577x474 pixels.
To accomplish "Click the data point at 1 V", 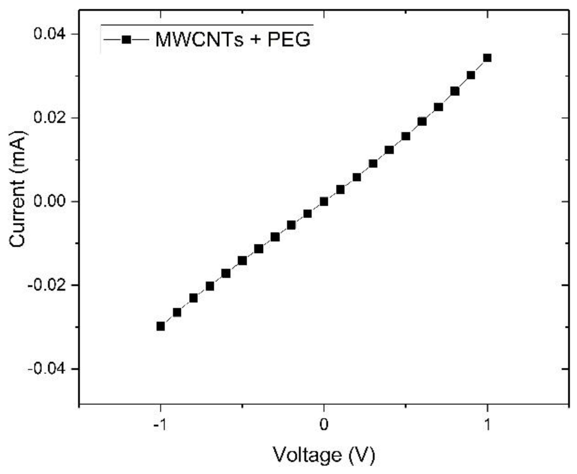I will coord(487,58).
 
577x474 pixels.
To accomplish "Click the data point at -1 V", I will coord(161,326).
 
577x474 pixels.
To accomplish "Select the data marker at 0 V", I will coord(324,201).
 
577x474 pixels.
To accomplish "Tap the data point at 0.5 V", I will coord(406,136).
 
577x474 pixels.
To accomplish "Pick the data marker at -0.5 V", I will coord(242,261).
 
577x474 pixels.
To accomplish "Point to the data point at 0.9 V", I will coord(471,75).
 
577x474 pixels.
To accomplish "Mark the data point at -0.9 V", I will coord(177,313).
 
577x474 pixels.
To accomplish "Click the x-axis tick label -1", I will coord(160,425).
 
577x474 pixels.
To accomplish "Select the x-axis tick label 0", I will coord(324,425).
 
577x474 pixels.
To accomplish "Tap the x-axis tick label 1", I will coord(487,425).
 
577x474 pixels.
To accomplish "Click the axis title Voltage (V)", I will coord(324,455).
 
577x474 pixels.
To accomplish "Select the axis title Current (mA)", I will coord(17,189).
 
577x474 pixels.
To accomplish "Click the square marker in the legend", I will coord(126,40).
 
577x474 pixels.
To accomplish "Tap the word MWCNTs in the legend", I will coord(199,40).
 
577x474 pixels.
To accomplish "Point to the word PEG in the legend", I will coord(289,40).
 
